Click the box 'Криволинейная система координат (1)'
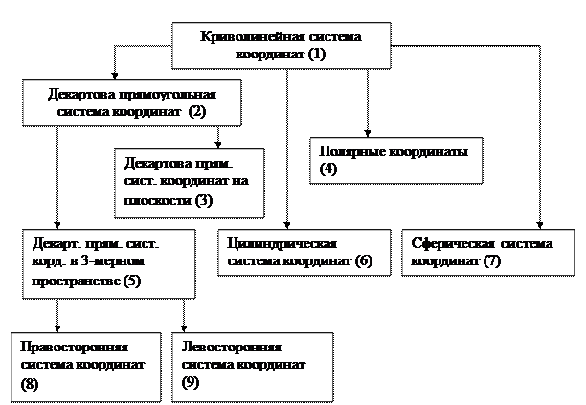click(x=281, y=45)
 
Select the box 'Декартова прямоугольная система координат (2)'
click(x=131, y=103)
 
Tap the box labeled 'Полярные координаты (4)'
click(x=395, y=161)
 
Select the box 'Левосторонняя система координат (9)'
click(x=251, y=367)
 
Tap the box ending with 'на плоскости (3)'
click(x=189, y=182)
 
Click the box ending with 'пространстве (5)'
click(x=108, y=262)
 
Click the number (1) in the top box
click(x=317, y=55)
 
